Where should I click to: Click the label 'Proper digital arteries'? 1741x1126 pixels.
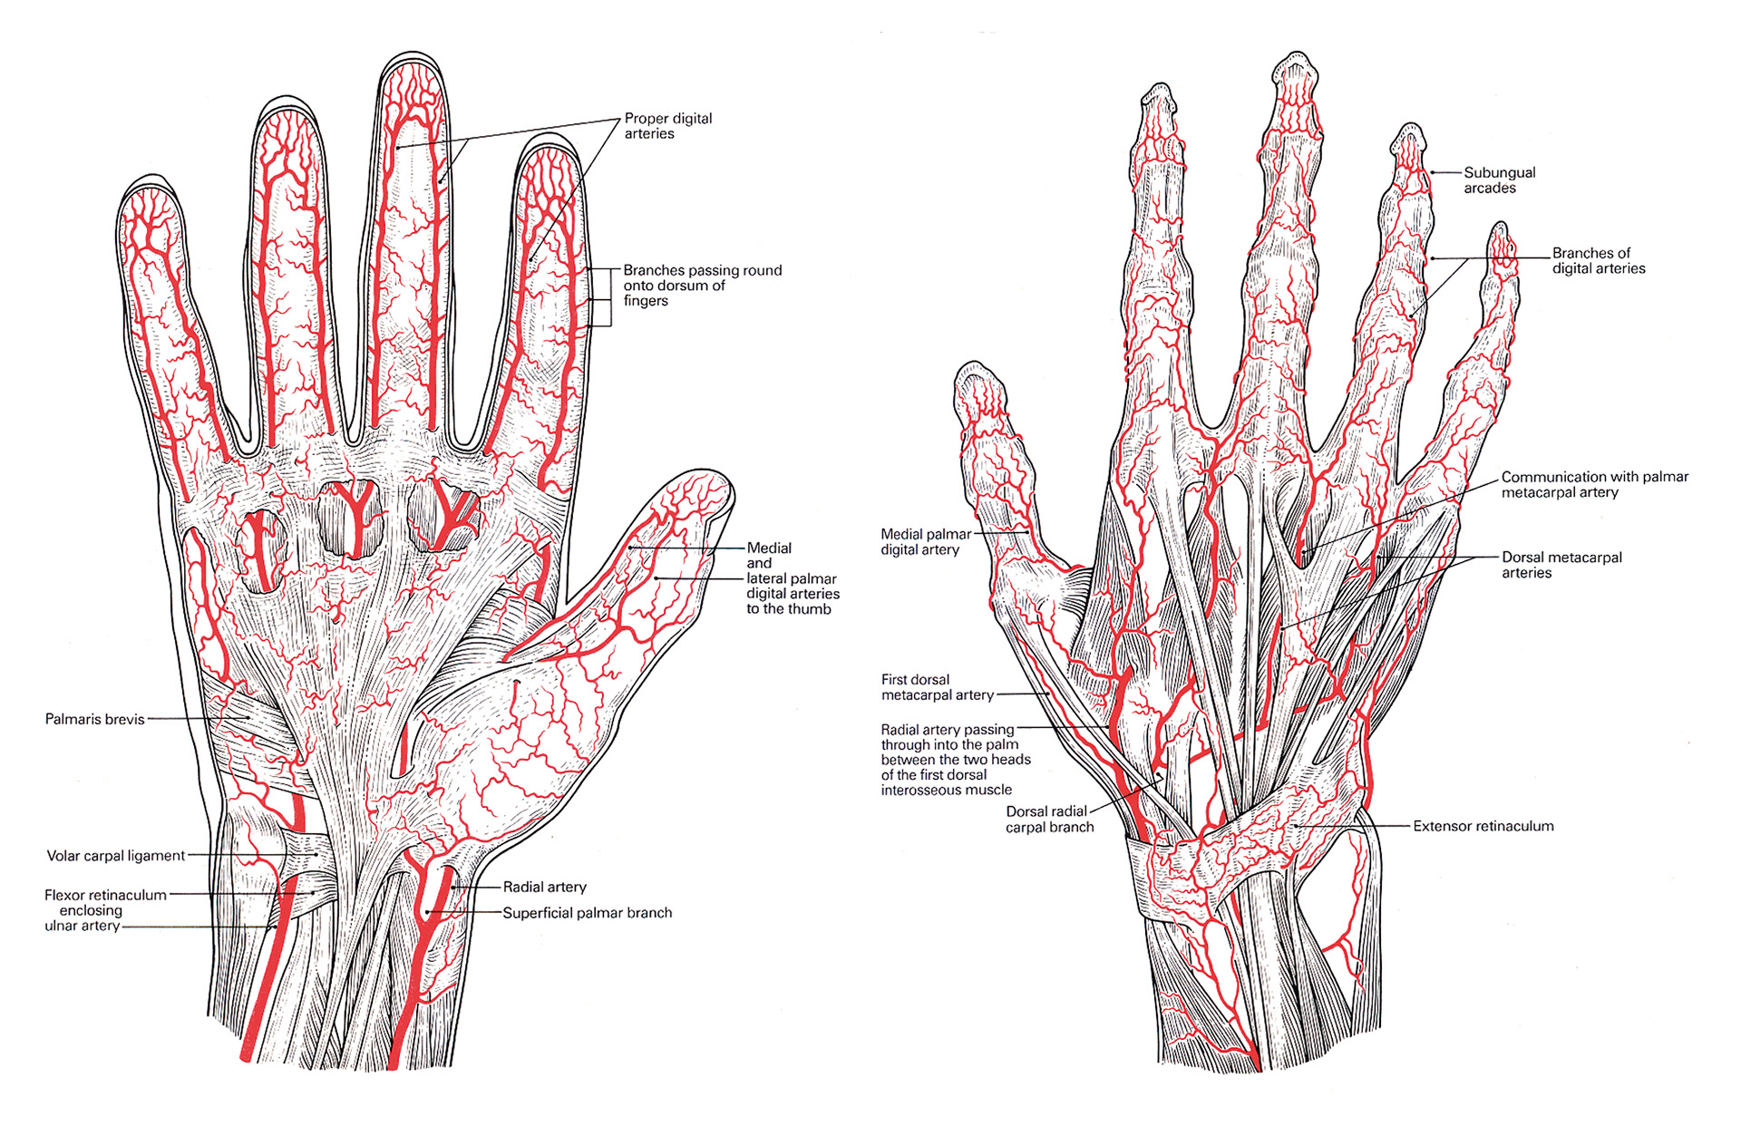(667, 126)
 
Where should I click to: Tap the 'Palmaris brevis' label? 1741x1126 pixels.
(94, 720)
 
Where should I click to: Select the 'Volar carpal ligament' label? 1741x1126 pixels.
(115, 856)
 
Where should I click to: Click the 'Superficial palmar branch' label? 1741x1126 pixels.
(587, 913)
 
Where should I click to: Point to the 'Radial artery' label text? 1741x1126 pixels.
(544, 888)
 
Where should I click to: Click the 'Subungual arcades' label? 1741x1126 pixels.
(1499, 180)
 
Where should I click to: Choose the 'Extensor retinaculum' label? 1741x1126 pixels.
(1483, 827)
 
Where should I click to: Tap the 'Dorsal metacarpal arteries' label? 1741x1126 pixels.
(1561, 565)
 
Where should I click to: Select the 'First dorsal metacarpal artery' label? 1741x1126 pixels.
(937, 687)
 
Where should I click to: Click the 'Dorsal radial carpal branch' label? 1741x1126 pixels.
(1049, 820)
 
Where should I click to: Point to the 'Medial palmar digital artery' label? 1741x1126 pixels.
(925, 542)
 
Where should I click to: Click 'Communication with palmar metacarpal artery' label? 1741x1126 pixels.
(1594, 484)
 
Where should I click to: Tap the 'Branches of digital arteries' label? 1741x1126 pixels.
(1598, 260)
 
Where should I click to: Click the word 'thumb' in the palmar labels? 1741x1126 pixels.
(810, 609)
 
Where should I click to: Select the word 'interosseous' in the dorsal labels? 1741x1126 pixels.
(946, 791)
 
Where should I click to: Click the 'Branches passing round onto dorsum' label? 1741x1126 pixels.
(701, 286)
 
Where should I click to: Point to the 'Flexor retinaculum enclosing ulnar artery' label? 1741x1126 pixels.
(104, 910)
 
